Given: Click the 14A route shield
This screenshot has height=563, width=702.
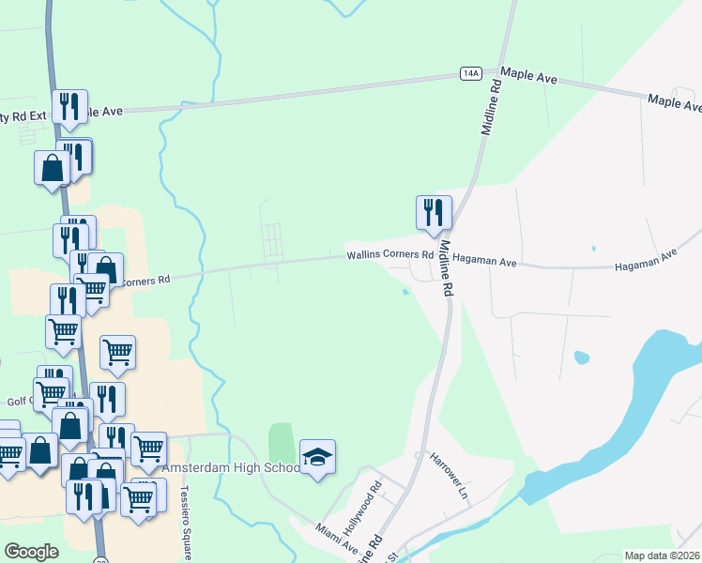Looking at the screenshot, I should click(x=471, y=73).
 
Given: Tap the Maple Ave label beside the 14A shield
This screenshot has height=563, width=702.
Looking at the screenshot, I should click(x=529, y=75).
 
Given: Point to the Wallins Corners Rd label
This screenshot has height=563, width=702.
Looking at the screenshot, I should click(x=389, y=254).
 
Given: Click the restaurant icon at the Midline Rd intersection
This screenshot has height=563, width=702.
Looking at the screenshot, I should click(x=434, y=212).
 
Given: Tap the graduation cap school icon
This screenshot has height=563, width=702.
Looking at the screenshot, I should click(x=317, y=457).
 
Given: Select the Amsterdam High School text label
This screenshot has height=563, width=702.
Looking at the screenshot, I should click(x=232, y=467).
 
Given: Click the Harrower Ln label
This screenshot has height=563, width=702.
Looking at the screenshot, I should click(x=449, y=475).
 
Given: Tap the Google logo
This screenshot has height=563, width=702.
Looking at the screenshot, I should click(x=31, y=552).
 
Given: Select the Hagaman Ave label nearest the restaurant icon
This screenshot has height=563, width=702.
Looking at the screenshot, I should click(x=484, y=263).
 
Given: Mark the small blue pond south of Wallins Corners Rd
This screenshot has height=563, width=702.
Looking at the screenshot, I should click(x=404, y=292).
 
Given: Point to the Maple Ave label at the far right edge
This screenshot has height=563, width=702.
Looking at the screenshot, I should click(x=675, y=101).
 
